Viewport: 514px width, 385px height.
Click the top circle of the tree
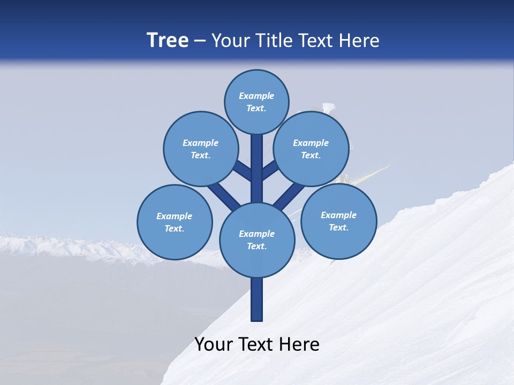(256, 102)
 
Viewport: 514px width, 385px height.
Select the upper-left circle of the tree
(200, 149)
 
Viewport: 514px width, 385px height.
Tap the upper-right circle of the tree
(311, 149)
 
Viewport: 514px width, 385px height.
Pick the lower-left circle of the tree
(175, 222)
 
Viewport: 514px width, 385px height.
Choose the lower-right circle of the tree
(338, 221)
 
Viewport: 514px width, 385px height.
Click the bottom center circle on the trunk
(257, 240)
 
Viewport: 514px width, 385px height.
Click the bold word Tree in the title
(168, 40)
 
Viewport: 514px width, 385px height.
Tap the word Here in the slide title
(359, 40)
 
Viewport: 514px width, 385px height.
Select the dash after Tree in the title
(200, 41)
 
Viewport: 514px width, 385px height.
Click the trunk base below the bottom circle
(257, 299)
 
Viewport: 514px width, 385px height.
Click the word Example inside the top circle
(256, 96)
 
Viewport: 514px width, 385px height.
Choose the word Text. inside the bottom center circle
(256, 246)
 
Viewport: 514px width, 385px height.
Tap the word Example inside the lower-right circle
(338, 215)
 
